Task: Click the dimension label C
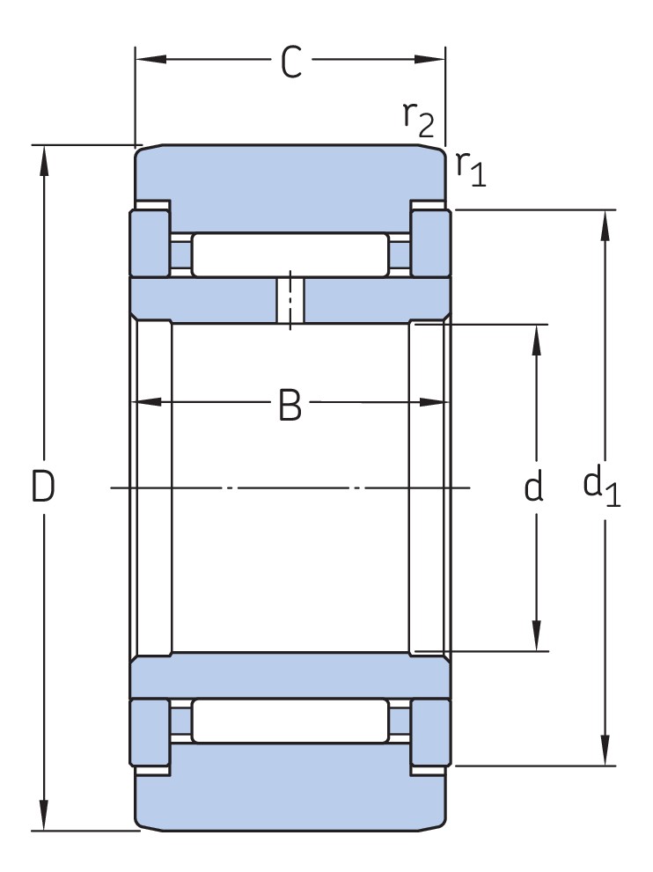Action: [x=290, y=62]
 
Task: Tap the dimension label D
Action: [x=43, y=487]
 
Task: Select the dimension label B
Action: [x=290, y=406]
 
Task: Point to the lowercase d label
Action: [x=533, y=487]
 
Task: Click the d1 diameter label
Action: [x=602, y=487]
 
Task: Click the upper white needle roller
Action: [x=290, y=255]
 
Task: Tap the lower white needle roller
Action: [x=290, y=721]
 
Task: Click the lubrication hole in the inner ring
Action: [x=290, y=300]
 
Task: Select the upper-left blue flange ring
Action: [x=150, y=243]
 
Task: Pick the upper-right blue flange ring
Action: [x=431, y=243]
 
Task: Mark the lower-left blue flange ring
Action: [x=150, y=733]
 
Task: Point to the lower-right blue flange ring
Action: [x=431, y=733]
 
